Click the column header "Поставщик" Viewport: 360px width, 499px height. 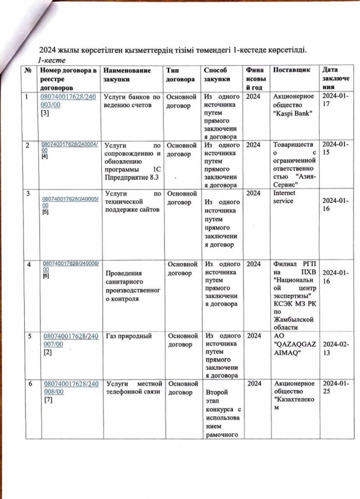[291, 70]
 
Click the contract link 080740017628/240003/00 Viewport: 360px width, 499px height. [67, 101]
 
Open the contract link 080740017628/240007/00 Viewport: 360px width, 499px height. [67, 339]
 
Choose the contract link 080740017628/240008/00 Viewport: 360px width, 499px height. [67, 388]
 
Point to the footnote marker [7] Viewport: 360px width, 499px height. [45, 401]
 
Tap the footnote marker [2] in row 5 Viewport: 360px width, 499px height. [45, 352]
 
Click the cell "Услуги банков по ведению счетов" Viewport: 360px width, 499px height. [131, 101]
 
